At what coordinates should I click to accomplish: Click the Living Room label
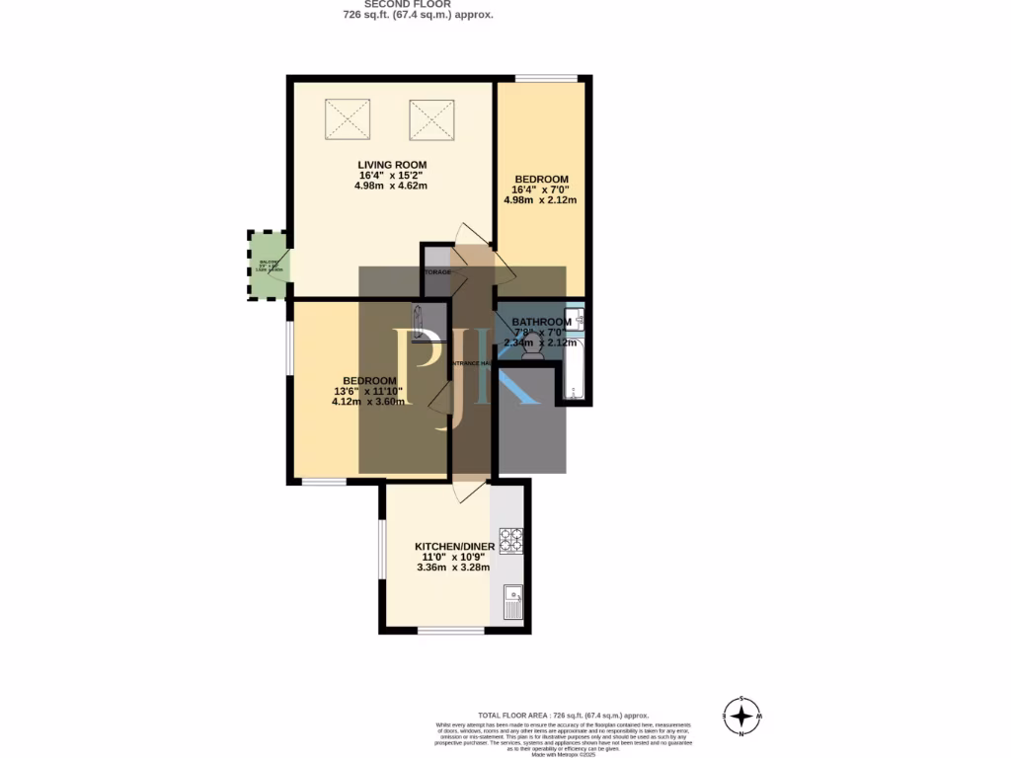tap(391, 164)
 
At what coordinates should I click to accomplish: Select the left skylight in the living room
tap(347, 119)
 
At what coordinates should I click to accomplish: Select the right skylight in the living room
tap(430, 120)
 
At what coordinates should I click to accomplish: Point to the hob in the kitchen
tap(510, 540)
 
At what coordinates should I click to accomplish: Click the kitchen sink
tap(512, 601)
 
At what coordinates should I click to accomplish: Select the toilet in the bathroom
tap(533, 346)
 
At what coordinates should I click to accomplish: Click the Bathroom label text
tap(541, 322)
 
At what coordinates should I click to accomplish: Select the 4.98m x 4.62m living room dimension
tap(391, 186)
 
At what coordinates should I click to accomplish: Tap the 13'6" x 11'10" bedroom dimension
tap(369, 391)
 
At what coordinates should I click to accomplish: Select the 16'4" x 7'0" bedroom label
tap(541, 189)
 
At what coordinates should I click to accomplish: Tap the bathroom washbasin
tap(581, 318)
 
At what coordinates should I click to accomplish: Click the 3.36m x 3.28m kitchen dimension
tap(453, 568)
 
